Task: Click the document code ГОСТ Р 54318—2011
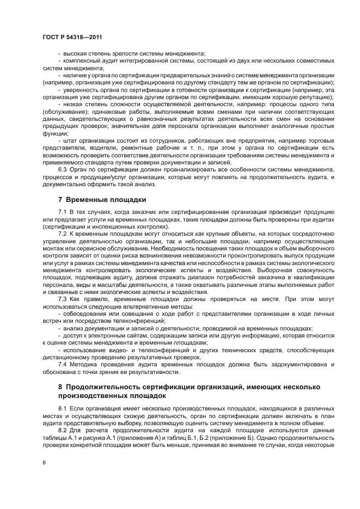tap(72, 37)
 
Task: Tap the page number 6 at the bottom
tap(44, 463)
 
